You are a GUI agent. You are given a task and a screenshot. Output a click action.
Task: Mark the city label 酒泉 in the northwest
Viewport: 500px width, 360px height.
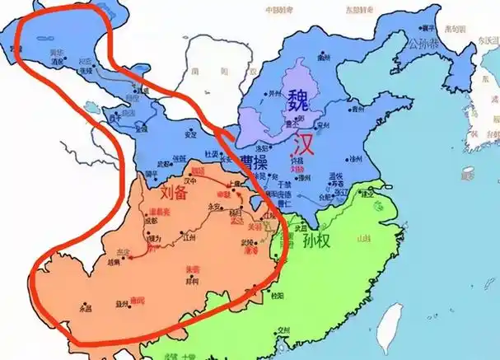tap(58, 60)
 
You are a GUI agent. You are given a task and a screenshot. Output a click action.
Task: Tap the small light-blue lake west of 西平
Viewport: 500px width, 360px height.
tap(88, 105)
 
